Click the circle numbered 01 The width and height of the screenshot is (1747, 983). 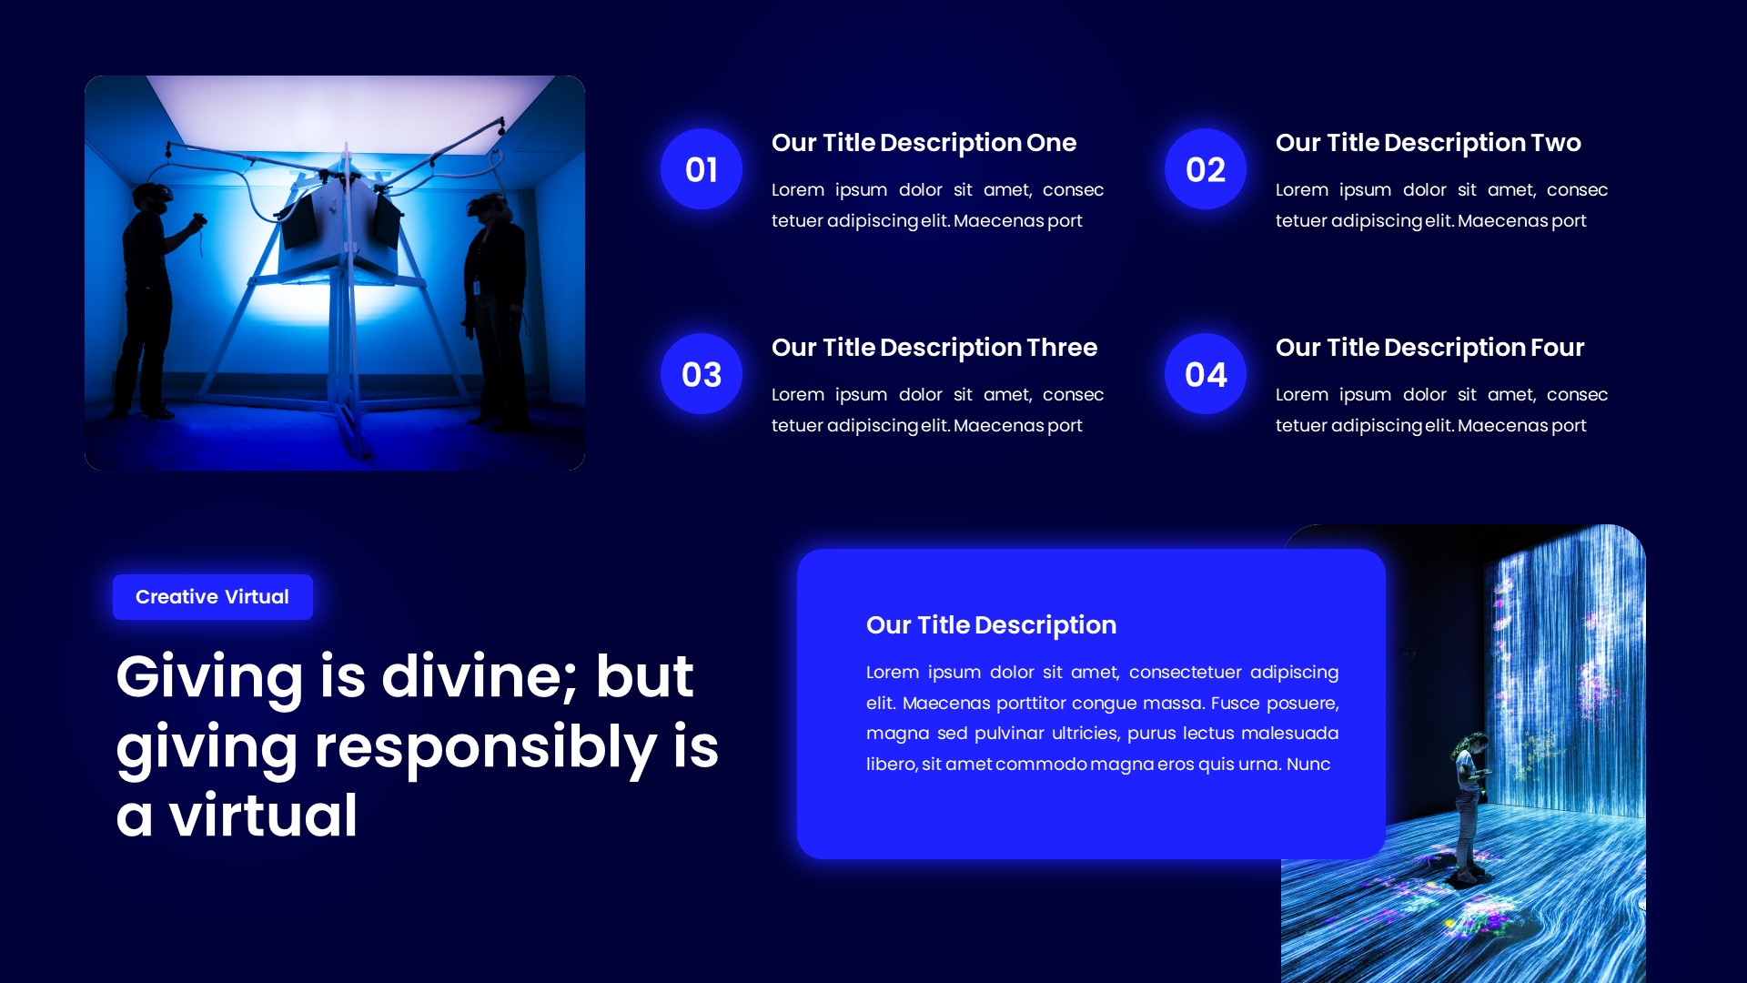coord(702,169)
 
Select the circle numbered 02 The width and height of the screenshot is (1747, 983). coord(1206,169)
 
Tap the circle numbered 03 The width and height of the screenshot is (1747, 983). coord(702,374)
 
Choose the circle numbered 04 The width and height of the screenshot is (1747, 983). coord(1206,374)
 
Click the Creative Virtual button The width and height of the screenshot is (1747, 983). coord(212,597)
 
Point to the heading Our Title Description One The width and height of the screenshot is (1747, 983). coord(924,143)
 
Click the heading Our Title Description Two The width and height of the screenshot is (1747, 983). coord(1428,143)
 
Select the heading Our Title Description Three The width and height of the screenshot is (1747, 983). coord(934,348)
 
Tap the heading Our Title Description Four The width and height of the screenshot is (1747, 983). coord(1429,348)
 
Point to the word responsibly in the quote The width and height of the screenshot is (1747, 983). coord(485,748)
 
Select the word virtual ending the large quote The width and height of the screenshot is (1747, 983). coord(263,816)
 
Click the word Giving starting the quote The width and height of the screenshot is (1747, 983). coord(209,679)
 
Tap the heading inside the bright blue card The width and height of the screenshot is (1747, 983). coord(991,625)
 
